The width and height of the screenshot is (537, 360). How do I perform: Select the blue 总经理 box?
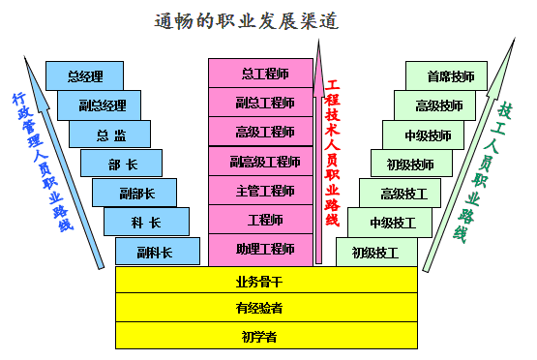(85, 75)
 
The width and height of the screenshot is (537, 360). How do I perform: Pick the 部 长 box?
(121, 165)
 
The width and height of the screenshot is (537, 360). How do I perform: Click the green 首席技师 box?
(452, 75)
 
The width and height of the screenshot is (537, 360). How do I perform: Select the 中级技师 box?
(429, 135)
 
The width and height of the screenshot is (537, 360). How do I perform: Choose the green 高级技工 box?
(405, 194)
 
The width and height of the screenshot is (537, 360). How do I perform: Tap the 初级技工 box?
(376, 253)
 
